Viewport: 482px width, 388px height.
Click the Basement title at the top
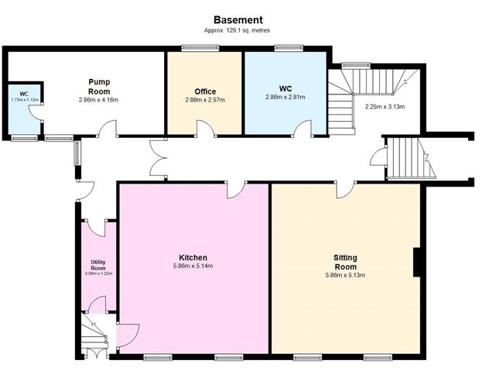point(238,20)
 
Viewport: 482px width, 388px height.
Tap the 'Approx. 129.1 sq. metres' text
point(237,30)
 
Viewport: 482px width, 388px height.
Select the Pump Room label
point(99,87)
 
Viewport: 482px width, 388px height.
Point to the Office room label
point(205,91)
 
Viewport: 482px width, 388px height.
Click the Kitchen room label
point(193,258)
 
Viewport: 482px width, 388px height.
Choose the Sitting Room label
point(346,262)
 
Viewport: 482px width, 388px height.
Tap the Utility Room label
point(98,265)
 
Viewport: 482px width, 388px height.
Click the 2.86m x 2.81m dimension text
point(285,98)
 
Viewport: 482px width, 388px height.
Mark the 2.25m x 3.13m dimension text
point(385,107)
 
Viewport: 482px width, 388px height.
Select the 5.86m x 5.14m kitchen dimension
point(193,266)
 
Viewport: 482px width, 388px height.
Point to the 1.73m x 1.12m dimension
point(25,100)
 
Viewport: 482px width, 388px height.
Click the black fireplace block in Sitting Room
point(417,263)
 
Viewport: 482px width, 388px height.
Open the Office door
point(206,128)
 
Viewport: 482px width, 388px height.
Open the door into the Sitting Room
point(347,190)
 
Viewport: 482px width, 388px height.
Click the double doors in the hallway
point(159,158)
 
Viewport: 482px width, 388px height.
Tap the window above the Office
point(200,48)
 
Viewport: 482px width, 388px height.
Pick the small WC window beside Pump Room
point(24,138)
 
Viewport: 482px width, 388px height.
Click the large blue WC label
point(285,88)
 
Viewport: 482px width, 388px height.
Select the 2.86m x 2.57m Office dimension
point(205,100)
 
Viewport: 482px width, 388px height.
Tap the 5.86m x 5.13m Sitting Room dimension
point(345,275)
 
